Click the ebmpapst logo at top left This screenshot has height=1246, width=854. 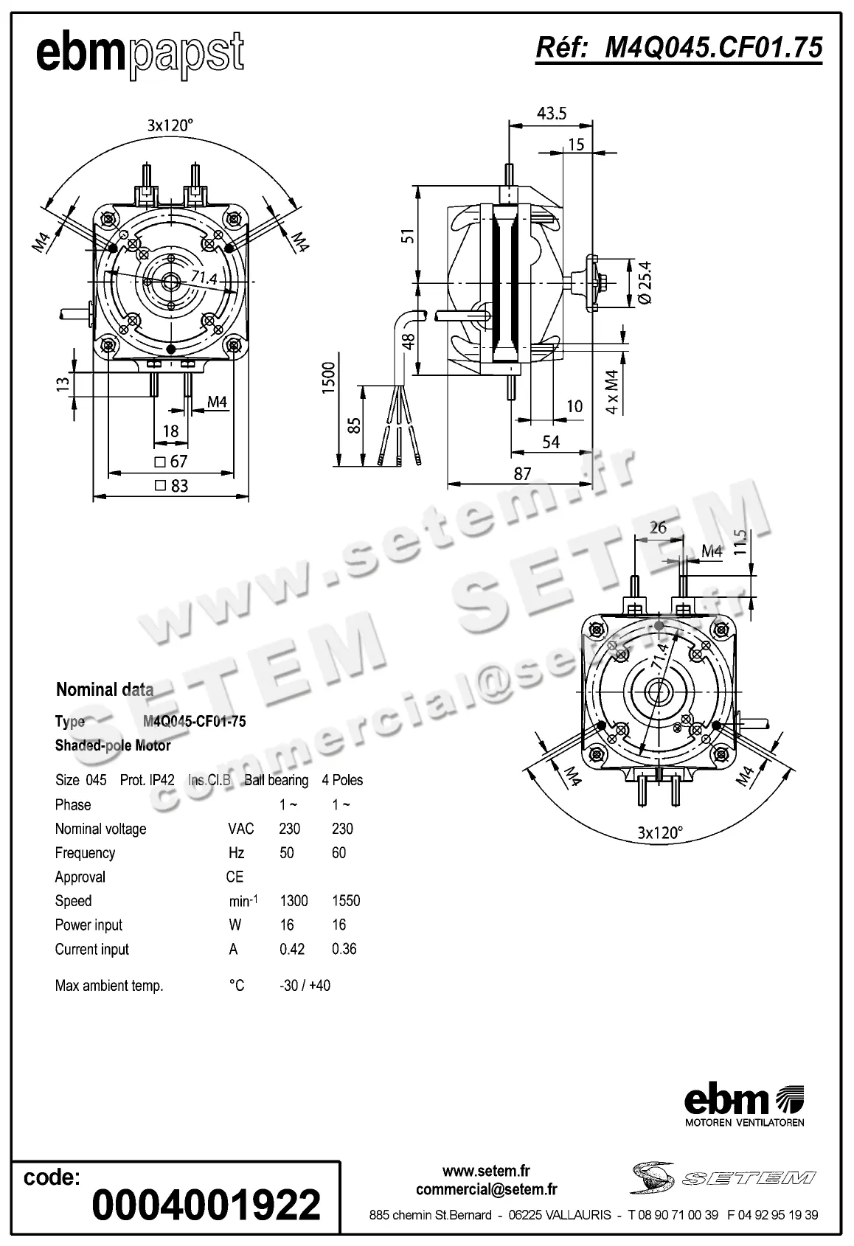139,54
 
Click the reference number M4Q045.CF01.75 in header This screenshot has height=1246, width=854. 678,48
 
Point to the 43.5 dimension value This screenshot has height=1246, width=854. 552,113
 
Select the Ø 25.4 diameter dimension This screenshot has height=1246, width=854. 644,283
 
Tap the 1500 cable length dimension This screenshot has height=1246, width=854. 329,377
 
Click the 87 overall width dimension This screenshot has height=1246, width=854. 522,474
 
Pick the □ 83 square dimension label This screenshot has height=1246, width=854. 171,486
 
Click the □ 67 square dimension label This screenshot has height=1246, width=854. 171,462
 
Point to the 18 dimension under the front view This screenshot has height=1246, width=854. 170,431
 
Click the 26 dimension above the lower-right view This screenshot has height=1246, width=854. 658,527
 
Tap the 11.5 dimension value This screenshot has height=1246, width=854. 741,543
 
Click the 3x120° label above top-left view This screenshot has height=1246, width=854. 170,125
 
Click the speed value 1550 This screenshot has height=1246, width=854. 346,901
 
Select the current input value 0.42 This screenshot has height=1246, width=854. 292,949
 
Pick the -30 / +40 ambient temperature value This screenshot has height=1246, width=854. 305,986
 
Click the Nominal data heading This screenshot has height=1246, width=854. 105,690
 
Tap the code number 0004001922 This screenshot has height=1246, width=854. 206,1204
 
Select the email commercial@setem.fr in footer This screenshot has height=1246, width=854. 486,1188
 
